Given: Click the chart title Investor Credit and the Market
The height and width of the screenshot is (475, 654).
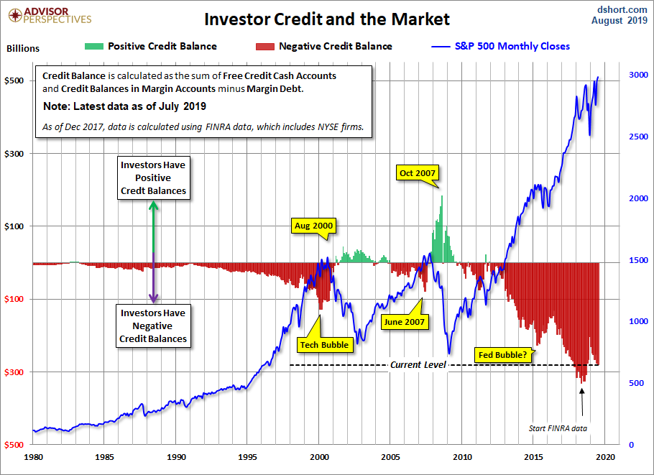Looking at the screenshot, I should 326,19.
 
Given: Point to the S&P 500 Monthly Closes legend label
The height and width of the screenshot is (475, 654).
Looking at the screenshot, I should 512,46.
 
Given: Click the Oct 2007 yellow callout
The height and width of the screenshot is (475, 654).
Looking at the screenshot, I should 417,173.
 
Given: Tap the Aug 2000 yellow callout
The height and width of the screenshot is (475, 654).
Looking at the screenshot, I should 314,226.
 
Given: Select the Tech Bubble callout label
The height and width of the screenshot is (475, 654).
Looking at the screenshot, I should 323,344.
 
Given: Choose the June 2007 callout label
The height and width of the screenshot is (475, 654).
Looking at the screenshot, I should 405,321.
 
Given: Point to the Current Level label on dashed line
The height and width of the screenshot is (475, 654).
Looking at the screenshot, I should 418,365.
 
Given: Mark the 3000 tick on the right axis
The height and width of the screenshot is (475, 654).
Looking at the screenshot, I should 618,75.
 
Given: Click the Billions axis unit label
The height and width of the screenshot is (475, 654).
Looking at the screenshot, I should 23,49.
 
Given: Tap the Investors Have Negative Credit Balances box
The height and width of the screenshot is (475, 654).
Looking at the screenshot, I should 153,326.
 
